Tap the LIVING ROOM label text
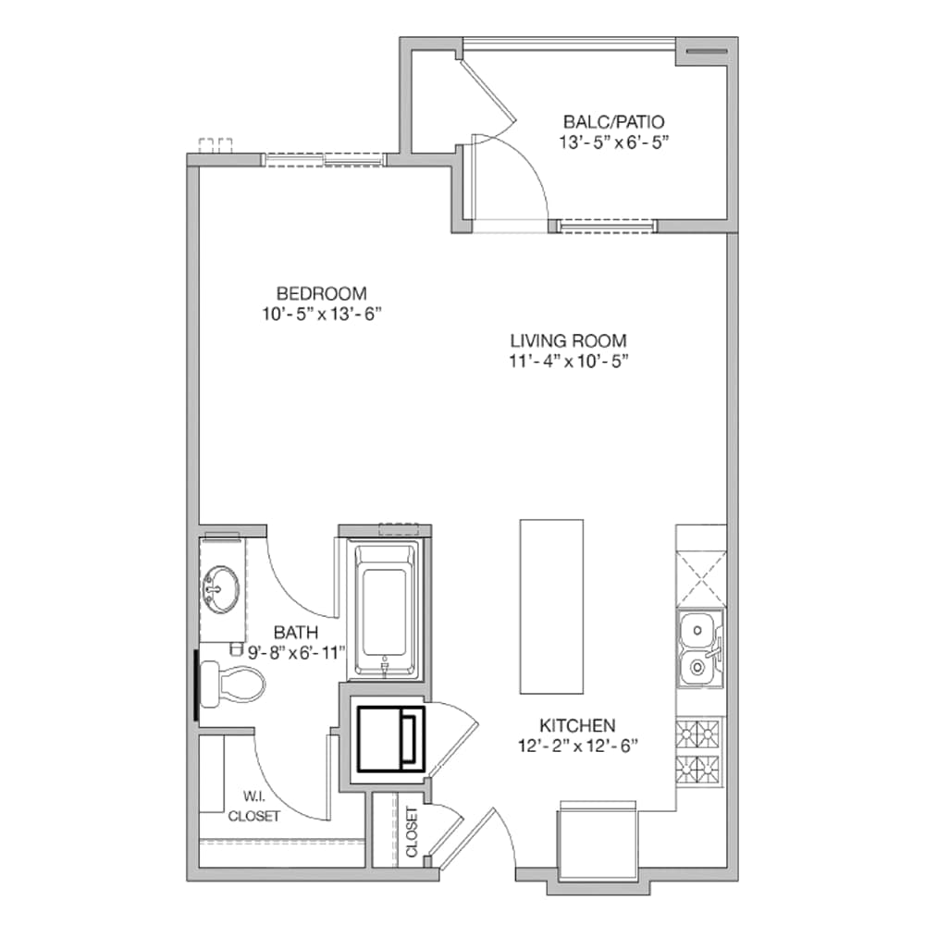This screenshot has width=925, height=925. click(x=568, y=339)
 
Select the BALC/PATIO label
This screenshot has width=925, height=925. click(x=613, y=121)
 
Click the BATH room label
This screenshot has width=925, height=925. click(x=296, y=633)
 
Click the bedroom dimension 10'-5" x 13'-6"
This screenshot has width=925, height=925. click(x=321, y=314)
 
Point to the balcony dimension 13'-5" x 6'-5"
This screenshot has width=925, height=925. click(x=613, y=142)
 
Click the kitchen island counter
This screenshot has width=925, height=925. click(x=551, y=606)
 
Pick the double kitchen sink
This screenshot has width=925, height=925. click(x=699, y=650)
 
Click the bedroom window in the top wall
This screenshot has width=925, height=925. click(x=323, y=159)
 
